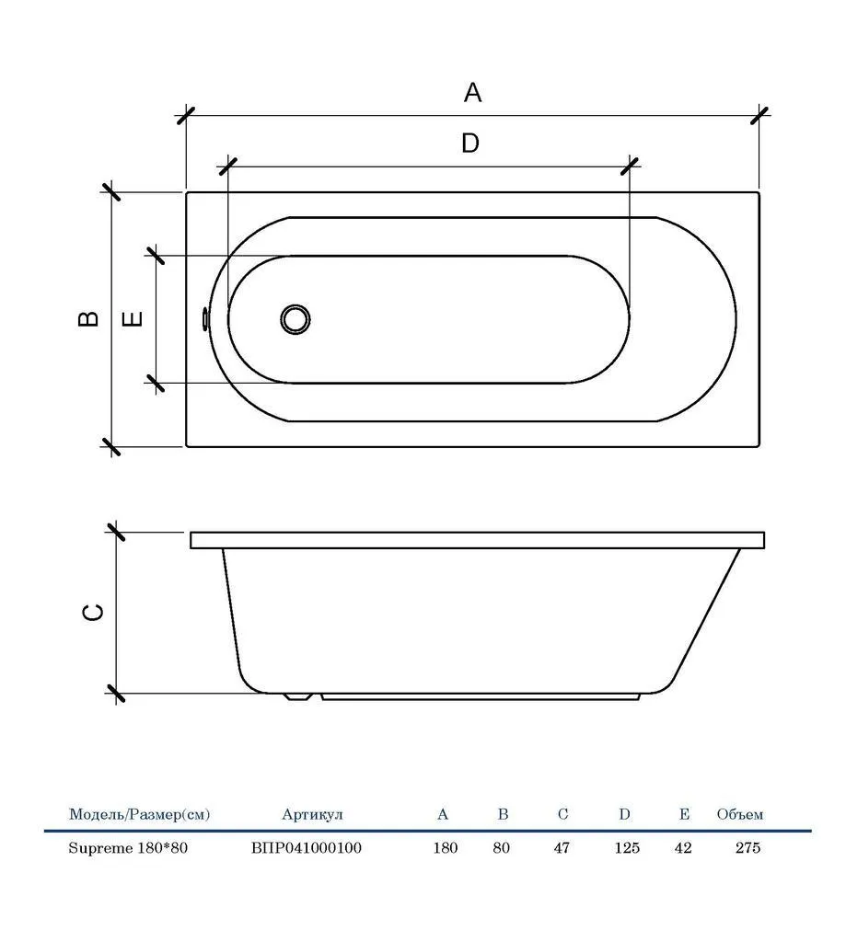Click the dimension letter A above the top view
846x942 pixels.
tap(472, 93)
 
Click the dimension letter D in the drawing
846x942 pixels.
tap(470, 143)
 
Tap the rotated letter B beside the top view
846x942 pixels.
tap(88, 318)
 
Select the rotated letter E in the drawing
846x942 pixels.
tap(133, 318)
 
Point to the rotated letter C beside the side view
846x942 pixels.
tap(93, 612)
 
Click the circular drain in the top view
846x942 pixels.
tap(296, 318)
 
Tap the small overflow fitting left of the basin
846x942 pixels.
tap(205, 318)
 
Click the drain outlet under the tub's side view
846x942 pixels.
tap(297, 697)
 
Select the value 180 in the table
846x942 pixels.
tap(446, 847)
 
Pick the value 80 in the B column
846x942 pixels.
tap(501, 847)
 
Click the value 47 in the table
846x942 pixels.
tap(562, 847)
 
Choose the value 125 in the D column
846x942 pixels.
tap(627, 847)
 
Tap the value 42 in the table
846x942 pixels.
tap(683, 847)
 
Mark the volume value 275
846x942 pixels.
tap(747, 847)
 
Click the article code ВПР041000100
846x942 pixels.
tap(307, 847)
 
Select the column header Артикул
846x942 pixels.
tap(312, 815)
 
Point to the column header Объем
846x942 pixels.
tap(739, 815)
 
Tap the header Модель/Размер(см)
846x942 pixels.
tap(140, 815)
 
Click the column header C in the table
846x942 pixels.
tap(562, 814)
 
